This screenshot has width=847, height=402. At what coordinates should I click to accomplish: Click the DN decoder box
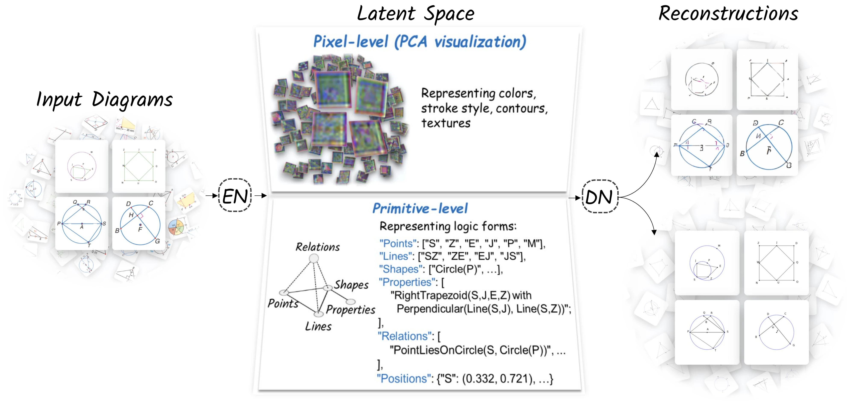[600, 197]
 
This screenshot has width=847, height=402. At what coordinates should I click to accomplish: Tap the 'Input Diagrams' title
[105, 99]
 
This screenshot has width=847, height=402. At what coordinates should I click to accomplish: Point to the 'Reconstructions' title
[729, 14]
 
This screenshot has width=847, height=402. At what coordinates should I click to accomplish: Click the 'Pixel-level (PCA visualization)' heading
[420, 42]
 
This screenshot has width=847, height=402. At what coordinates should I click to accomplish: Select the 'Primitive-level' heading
[420, 208]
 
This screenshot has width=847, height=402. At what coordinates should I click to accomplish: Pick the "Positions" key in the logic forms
[401, 379]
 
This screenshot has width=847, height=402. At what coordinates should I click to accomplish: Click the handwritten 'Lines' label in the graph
[318, 326]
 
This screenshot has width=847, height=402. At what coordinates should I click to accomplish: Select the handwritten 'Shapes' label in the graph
[352, 285]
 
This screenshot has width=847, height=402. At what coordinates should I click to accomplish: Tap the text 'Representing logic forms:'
[448, 226]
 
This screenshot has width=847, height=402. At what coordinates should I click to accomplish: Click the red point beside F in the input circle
[140, 225]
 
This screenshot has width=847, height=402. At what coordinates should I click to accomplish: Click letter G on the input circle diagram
[158, 241]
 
